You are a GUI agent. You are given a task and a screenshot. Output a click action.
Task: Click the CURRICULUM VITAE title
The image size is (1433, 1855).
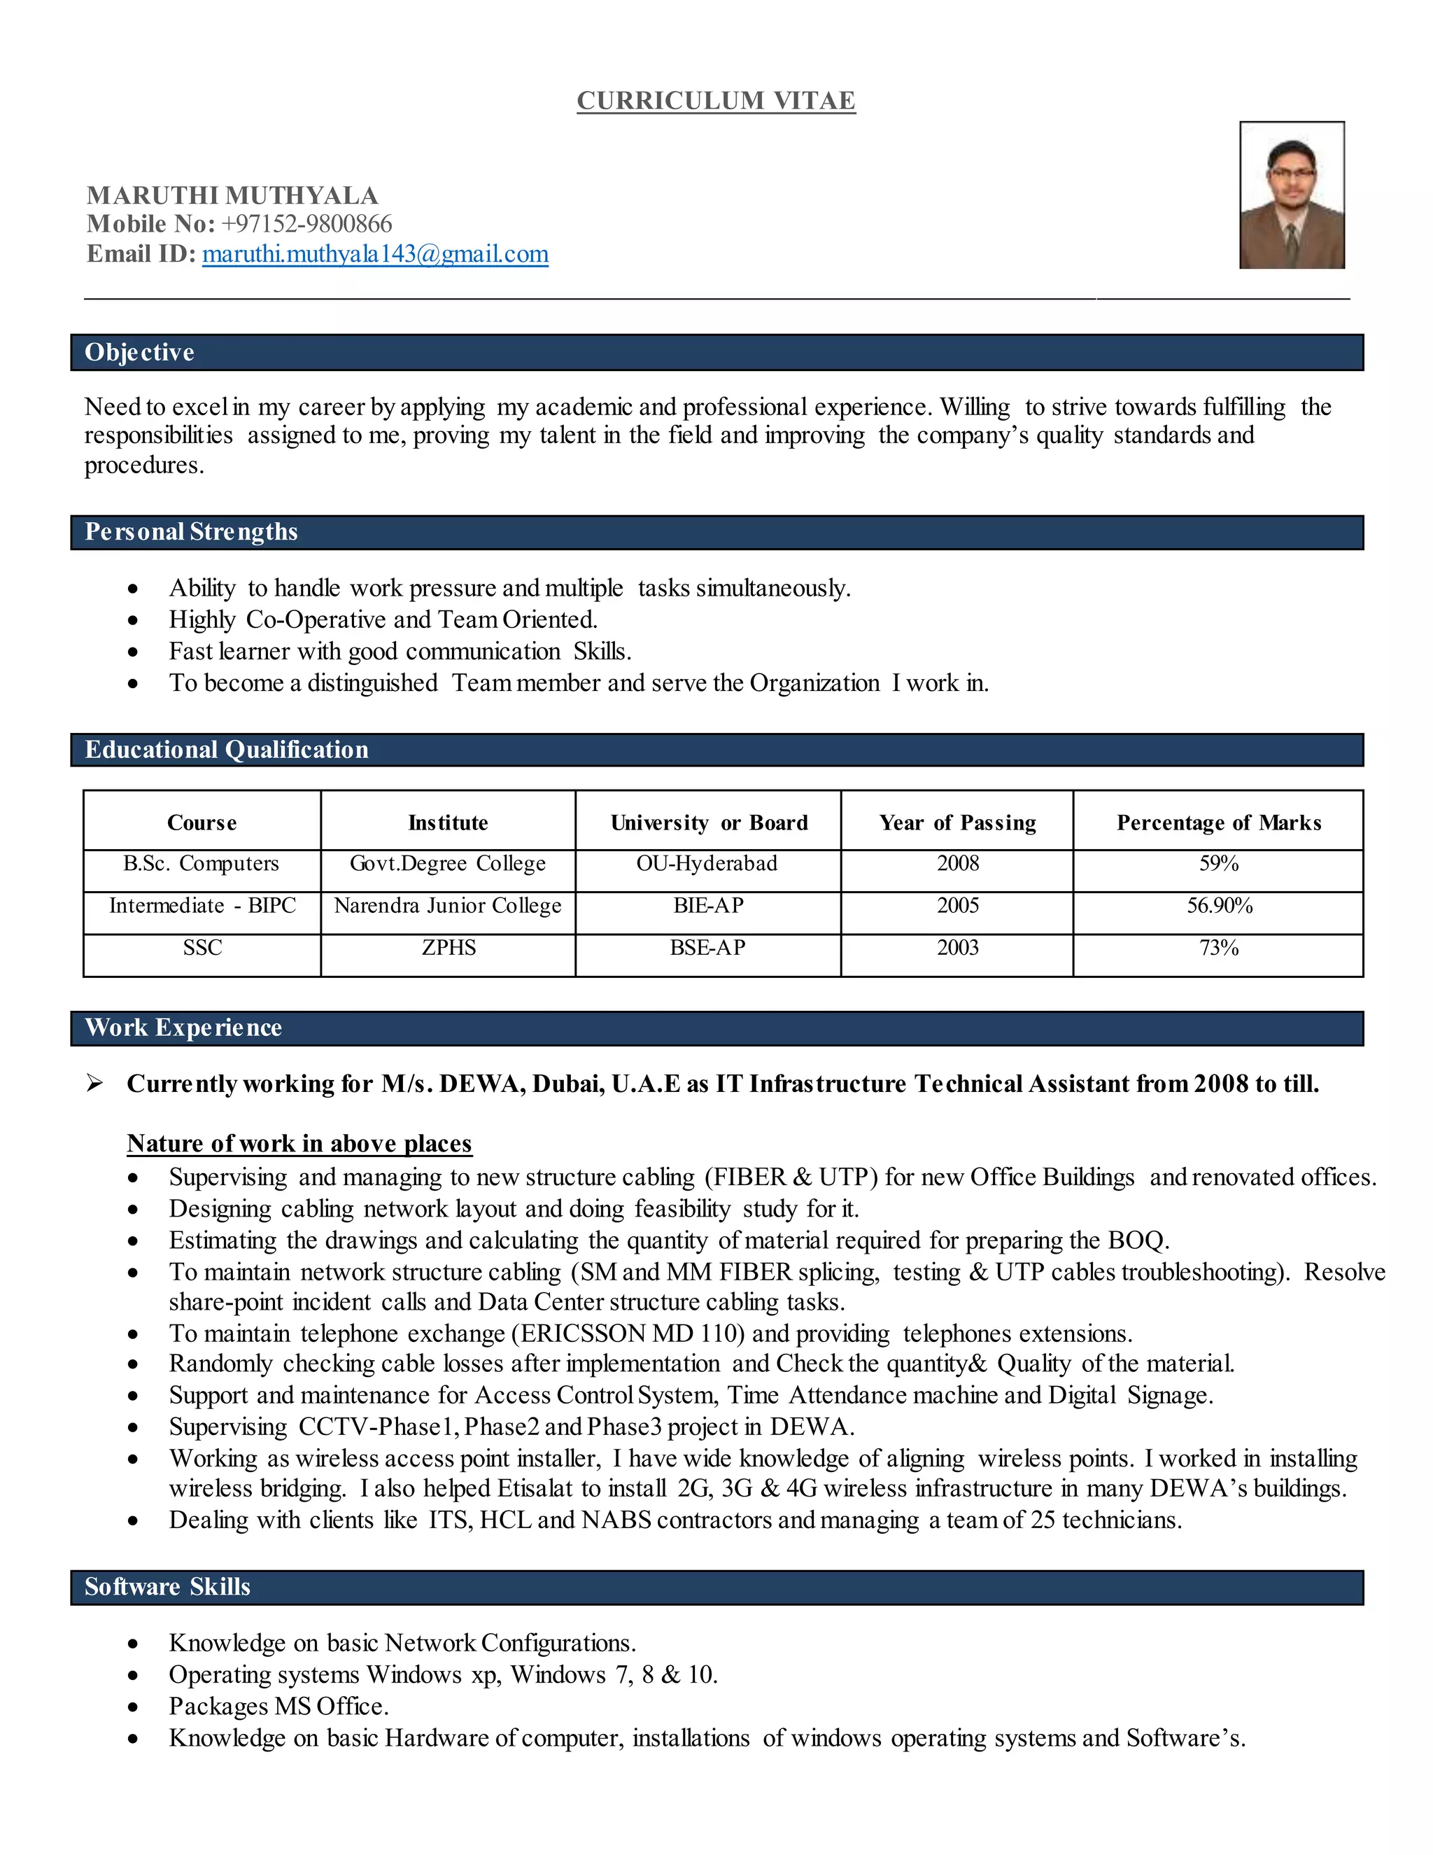pos(716,100)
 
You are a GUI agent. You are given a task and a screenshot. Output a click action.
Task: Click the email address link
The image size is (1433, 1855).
pos(374,254)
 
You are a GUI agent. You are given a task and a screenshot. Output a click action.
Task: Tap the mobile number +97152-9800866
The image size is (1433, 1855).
pos(306,224)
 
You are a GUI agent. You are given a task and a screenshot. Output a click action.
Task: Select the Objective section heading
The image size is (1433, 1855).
pos(139,353)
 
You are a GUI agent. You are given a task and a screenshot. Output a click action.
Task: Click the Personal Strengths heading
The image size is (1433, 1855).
pos(191,533)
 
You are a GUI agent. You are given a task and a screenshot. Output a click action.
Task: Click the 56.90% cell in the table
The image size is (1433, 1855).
pos(1219,905)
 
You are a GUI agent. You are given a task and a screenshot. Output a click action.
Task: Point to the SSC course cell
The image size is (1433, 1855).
pos(202,948)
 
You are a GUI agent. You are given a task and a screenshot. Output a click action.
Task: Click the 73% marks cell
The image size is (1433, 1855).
pos(1218,948)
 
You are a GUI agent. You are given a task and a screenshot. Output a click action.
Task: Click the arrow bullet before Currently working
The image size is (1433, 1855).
pos(95,1083)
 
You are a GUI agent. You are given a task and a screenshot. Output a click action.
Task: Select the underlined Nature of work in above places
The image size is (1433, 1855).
pos(299,1143)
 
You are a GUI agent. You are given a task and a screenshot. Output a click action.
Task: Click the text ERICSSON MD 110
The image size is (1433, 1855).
pos(629,1333)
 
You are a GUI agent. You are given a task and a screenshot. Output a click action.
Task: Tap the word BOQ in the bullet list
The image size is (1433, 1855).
pos(1137,1241)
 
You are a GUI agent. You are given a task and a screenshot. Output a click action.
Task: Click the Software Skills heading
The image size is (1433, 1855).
pos(167,1587)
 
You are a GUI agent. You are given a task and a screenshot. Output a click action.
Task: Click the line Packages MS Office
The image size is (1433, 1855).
pos(278,1707)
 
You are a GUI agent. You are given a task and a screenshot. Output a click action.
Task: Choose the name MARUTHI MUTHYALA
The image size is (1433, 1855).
pos(232,195)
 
